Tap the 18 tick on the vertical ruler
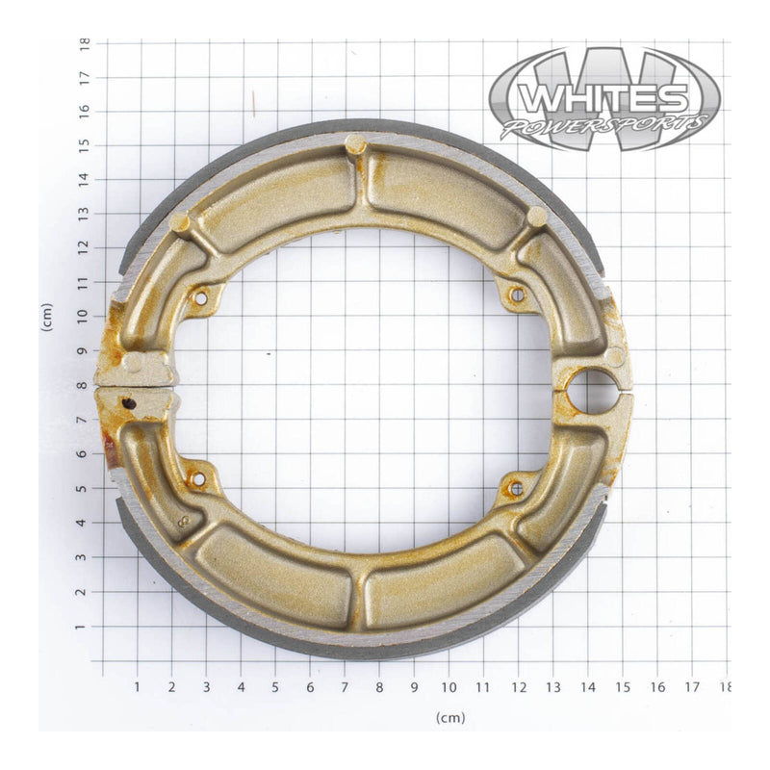coord(85,43)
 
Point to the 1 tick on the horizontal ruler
coord(137,687)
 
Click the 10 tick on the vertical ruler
coord(85,316)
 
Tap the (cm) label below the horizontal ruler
coord(449,718)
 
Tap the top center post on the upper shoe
coord(355,144)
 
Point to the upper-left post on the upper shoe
coord(180,222)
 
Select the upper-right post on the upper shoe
coord(536,217)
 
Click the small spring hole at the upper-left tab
coord(200,298)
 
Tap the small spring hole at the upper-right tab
coord(517,295)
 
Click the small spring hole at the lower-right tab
coord(516,488)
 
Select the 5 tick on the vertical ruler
coord(85,488)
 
